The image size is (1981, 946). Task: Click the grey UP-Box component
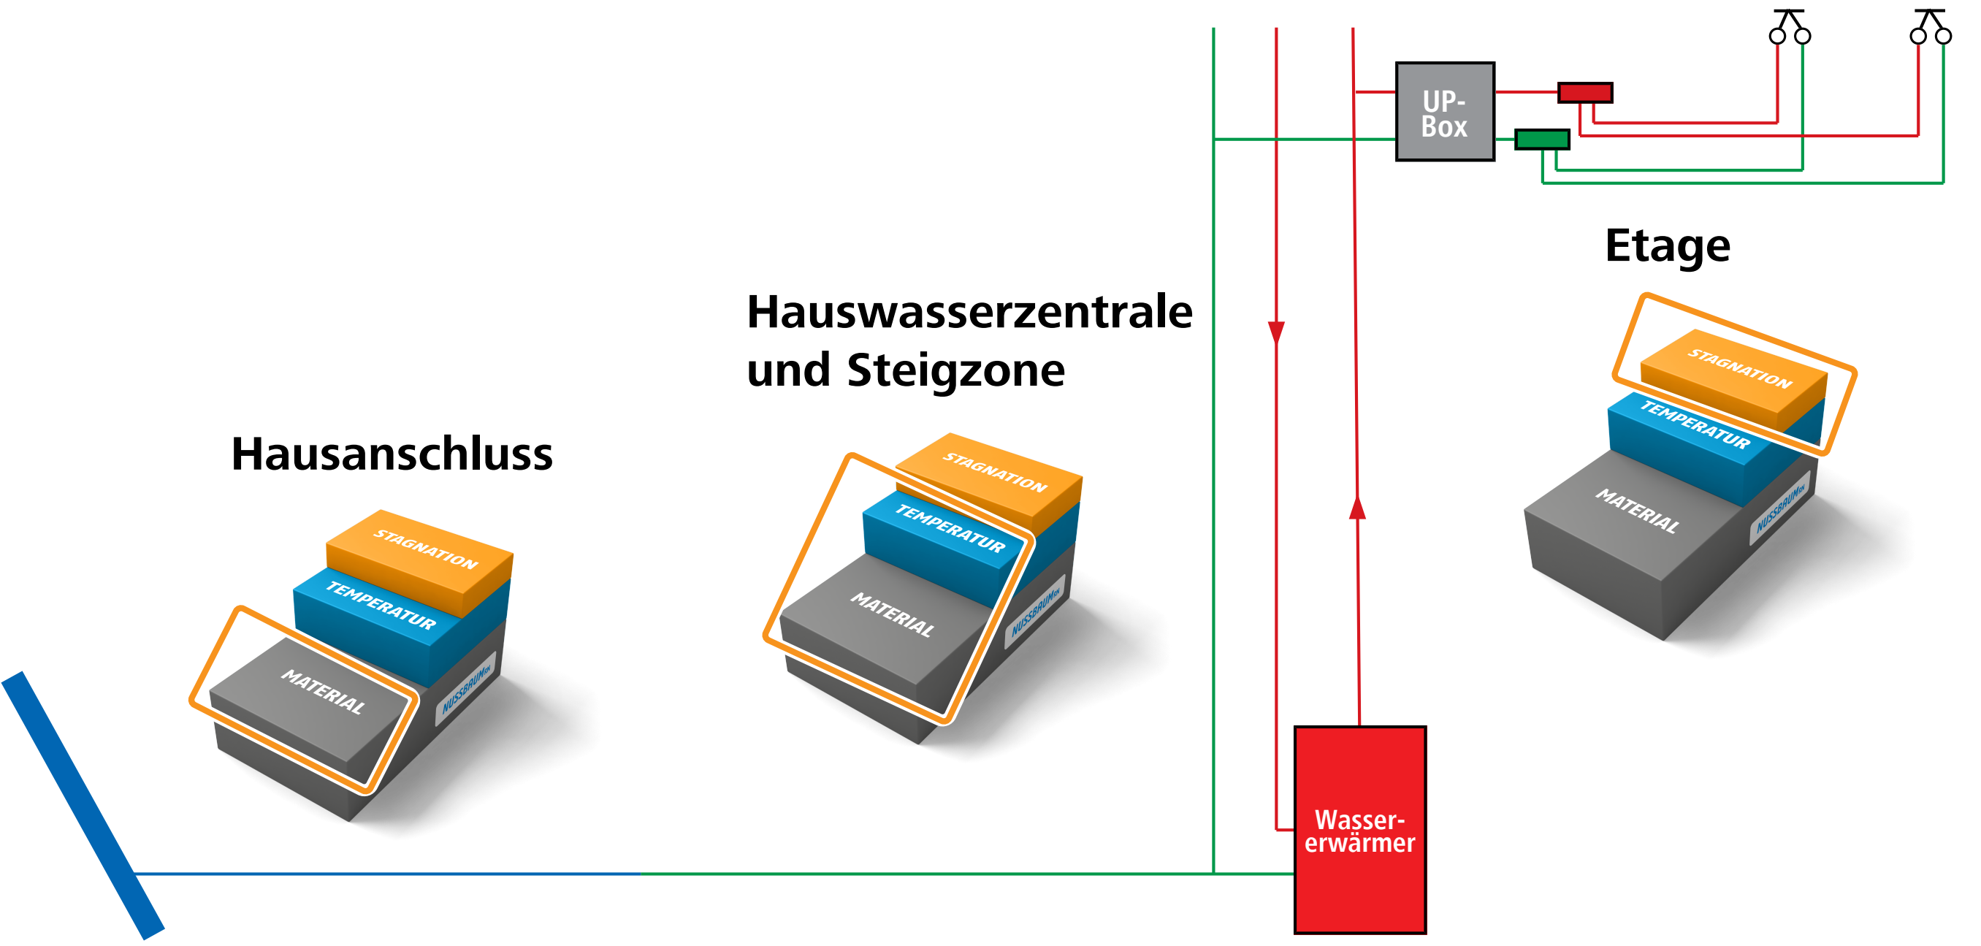(1445, 112)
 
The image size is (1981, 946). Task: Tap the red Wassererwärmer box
(1359, 830)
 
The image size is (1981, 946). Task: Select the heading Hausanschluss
(392, 454)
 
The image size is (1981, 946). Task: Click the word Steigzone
(956, 370)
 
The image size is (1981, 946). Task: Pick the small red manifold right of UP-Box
(1585, 93)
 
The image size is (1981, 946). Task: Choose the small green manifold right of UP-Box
(1542, 140)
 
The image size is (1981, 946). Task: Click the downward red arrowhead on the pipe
(1277, 333)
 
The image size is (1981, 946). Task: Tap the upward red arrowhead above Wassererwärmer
(1357, 508)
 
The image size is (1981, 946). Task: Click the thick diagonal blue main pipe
(83, 806)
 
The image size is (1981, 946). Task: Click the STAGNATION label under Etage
(1740, 368)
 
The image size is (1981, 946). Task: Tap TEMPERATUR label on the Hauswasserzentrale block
(950, 529)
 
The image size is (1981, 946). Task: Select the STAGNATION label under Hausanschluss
(426, 549)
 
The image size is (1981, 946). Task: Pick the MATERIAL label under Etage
(1638, 511)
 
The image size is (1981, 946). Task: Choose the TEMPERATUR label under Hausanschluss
(381, 606)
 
